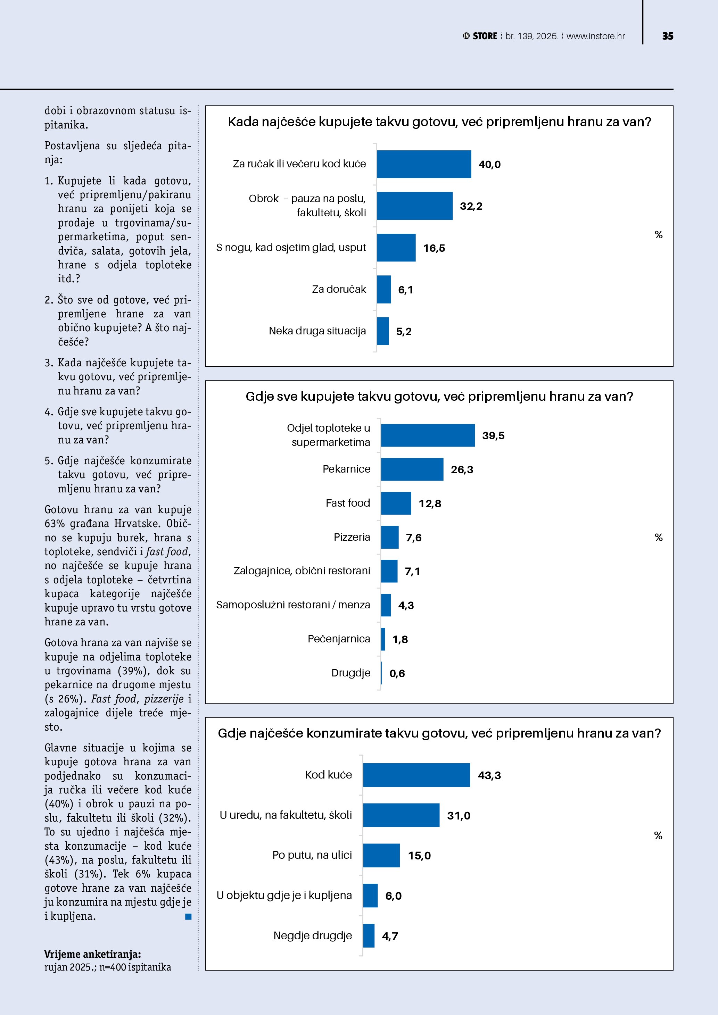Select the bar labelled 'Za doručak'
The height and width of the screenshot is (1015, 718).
point(384,289)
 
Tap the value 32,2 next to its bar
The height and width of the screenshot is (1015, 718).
point(471,206)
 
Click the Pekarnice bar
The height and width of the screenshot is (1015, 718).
point(412,469)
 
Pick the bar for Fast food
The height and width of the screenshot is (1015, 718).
point(396,503)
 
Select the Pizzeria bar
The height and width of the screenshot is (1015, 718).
point(389,537)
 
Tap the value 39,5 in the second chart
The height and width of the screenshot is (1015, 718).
point(493,435)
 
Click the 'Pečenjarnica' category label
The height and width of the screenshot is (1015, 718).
point(339,639)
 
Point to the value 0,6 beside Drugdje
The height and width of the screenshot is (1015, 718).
point(397,673)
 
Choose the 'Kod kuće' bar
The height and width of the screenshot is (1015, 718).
point(416,775)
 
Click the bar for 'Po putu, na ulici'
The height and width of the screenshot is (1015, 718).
point(381,855)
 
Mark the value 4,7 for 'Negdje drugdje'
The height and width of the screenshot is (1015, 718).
point(390,936)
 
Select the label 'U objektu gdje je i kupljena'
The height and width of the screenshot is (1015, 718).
point(284,895)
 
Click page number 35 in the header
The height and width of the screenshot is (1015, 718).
point(668,36)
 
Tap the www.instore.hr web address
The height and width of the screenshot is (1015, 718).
point(595,36)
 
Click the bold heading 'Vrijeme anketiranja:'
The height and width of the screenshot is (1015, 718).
point(92,954)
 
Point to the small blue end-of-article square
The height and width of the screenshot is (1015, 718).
point(188,916)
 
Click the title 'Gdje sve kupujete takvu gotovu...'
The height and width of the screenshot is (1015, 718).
point(439,396)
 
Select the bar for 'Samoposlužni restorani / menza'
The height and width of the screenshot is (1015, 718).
point(386,605)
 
